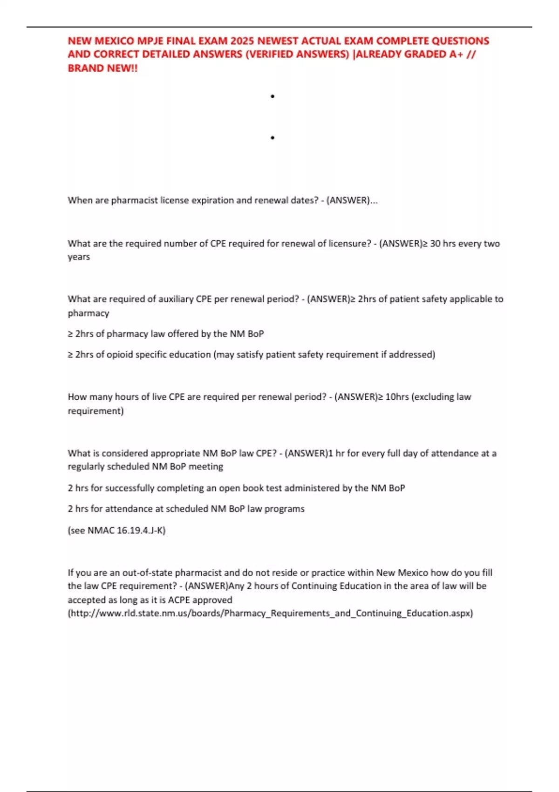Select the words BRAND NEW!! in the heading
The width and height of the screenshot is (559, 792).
click(102, 68)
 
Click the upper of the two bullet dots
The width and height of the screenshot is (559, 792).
click(273, 96)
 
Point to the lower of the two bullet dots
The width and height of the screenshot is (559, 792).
click(273, 138)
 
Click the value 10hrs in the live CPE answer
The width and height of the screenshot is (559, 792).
click(397, 397)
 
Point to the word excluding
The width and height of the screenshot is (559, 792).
click(435, 397)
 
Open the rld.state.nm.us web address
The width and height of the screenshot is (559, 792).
click(270, 613)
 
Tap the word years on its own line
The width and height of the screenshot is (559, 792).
click(79, 257)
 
